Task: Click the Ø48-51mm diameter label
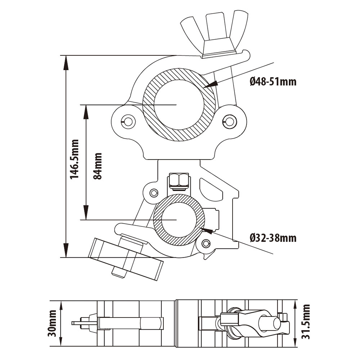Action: tap(273, 81)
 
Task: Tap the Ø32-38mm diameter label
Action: tap(273, 238)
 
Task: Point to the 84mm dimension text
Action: tap(98, 166)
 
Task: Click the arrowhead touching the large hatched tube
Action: tap(210, 84)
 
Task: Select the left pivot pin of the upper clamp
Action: tap(128, 121)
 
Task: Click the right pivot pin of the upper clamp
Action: tap(229, 120)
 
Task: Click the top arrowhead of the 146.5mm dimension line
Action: tap(66, 63)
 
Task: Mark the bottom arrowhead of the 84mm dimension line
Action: tap(86, 212)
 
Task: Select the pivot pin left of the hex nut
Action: tap(154, 193)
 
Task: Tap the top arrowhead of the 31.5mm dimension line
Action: tap(295, 306)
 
